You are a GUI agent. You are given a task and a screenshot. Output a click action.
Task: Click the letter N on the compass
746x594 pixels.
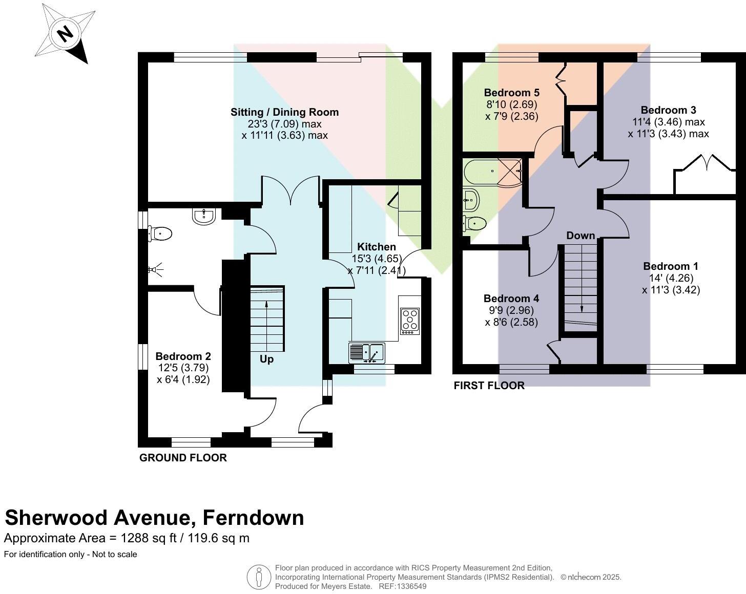[x=65, y=34]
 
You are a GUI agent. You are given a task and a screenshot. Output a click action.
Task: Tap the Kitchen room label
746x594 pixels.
[x=377, y=247]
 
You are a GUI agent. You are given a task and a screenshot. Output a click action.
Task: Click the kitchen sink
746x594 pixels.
[x=367, y=353]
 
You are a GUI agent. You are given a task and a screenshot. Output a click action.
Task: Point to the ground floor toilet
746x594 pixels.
[x=160, y=234]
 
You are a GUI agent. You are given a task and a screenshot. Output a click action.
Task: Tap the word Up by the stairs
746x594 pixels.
[x=266, y=359]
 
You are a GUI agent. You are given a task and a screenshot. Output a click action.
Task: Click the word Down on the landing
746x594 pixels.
[x=581, y=236]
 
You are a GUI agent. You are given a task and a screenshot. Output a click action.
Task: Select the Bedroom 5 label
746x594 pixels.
[x=512, y=93]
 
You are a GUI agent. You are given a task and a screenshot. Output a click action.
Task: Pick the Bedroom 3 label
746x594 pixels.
[x=668, y=110]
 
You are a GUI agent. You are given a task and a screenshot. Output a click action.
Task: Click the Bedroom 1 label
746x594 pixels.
[x=671, y=266]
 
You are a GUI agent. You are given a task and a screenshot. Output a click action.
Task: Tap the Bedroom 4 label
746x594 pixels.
[x=511, y=299]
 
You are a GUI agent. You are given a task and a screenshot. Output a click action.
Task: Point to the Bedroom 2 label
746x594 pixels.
[x=183, y=356]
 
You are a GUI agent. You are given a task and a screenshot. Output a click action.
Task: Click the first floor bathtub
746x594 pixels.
[x=493, y=172]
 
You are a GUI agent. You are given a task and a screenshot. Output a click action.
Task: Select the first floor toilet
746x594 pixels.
[x=475, y=223]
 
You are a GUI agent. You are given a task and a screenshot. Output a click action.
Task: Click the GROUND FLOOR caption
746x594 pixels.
[x=183, y=458]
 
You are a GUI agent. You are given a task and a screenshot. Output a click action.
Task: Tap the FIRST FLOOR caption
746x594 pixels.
[x=489, y=386]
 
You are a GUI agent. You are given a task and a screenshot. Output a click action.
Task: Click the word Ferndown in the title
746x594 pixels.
[x=253, y=518]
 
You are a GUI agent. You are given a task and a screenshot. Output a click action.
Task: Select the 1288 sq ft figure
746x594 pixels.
[x=149, y=538]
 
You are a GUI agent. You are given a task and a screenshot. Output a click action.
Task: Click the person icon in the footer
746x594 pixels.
[x=259, y=578]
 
